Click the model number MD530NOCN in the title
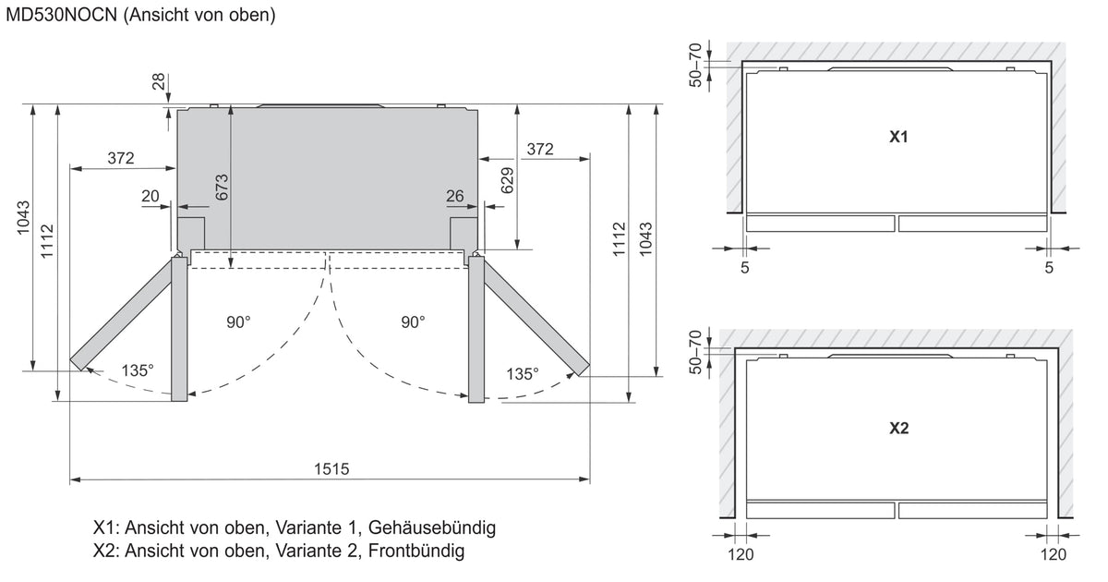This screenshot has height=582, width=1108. click(61, 15)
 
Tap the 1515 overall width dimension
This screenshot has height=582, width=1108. click(331, 468)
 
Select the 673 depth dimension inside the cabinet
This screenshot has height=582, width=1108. click(222, 187)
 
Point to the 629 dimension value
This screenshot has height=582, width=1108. click(507, 181)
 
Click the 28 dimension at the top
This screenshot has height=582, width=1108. click(158, 81)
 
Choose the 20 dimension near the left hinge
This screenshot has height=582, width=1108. click(151, 197)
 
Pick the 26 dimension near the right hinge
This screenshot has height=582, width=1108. click(455, 197)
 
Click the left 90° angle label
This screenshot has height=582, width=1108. click(238, 322)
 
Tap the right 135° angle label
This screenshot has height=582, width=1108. click(523, 373)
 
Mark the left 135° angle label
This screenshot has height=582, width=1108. click(138, 370)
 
